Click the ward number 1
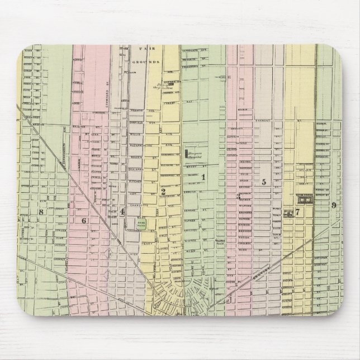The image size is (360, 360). (x=203, y=178)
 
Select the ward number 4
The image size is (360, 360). (x=121, y=211)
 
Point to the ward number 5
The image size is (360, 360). (x=263, y=182)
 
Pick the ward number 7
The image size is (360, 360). (x=298, y=212)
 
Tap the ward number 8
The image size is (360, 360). (x=41, y=211)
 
